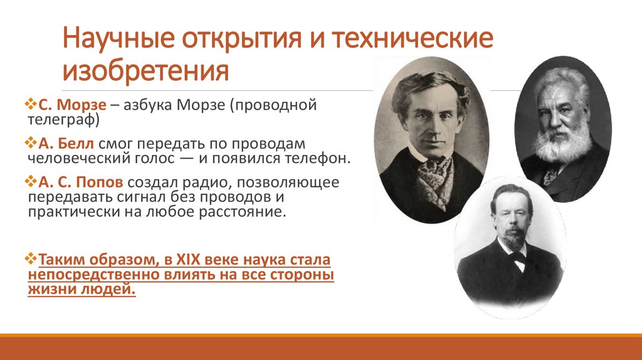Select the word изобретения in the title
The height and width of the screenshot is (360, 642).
click(x=145, y=70)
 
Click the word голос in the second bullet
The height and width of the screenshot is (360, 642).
click(x=143, y=157)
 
